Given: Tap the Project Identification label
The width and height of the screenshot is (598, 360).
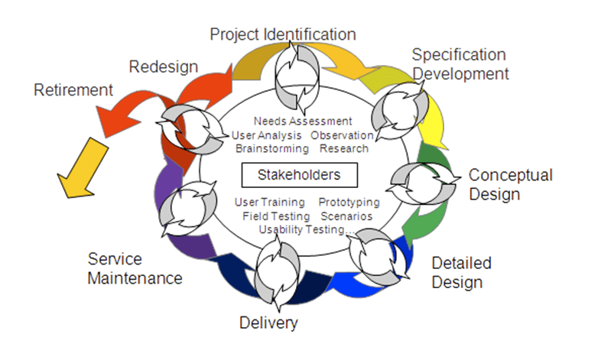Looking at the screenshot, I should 283,34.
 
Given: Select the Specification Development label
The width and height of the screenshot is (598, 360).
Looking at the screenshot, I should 460,64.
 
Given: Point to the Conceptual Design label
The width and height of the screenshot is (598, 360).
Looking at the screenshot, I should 510,184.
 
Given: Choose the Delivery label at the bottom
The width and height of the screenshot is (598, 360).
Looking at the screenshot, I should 268,323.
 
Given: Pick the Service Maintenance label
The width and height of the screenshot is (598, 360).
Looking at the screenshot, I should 135,268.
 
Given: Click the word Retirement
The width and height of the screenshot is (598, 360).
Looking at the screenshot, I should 73,89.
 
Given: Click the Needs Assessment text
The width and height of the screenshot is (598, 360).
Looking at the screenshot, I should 303,121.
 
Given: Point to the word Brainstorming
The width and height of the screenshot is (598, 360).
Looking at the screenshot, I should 272,148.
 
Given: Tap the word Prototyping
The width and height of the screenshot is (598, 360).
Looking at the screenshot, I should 349,203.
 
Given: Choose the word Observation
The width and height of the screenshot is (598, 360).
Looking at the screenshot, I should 342,135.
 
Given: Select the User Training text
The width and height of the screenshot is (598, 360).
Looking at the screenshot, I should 270,203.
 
